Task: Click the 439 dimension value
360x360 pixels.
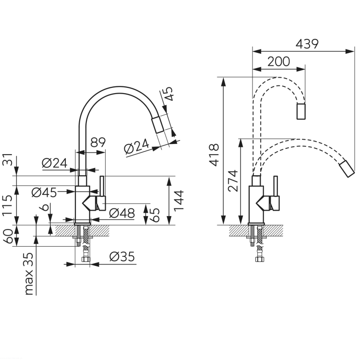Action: click(307, 44)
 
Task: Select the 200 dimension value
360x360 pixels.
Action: click(279, 61)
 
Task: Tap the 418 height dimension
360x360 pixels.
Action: click(214, 155)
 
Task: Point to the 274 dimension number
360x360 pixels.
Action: click(233, 180)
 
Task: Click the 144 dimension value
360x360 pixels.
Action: click(179, 200)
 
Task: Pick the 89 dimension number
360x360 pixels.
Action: click(98, 143)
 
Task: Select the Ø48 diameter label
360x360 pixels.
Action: click(122, 213)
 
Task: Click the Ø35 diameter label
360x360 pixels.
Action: click(122, 256)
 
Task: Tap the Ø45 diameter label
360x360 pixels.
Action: click(44, 192)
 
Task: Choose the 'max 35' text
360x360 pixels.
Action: click(29, 274)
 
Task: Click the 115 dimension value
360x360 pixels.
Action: click(7, 205)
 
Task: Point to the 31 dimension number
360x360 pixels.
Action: click(7, 159)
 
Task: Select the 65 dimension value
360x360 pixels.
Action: click(155, 215)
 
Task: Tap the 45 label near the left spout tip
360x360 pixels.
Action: click(168, 94)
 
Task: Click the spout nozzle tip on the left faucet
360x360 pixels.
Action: click(157, 125)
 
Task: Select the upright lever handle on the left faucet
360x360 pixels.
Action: click(102, 186)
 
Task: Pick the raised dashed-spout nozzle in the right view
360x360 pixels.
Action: click(301, 111)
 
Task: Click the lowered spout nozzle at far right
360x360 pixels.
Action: click(347, 169)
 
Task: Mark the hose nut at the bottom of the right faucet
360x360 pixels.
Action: click(259, 259)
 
